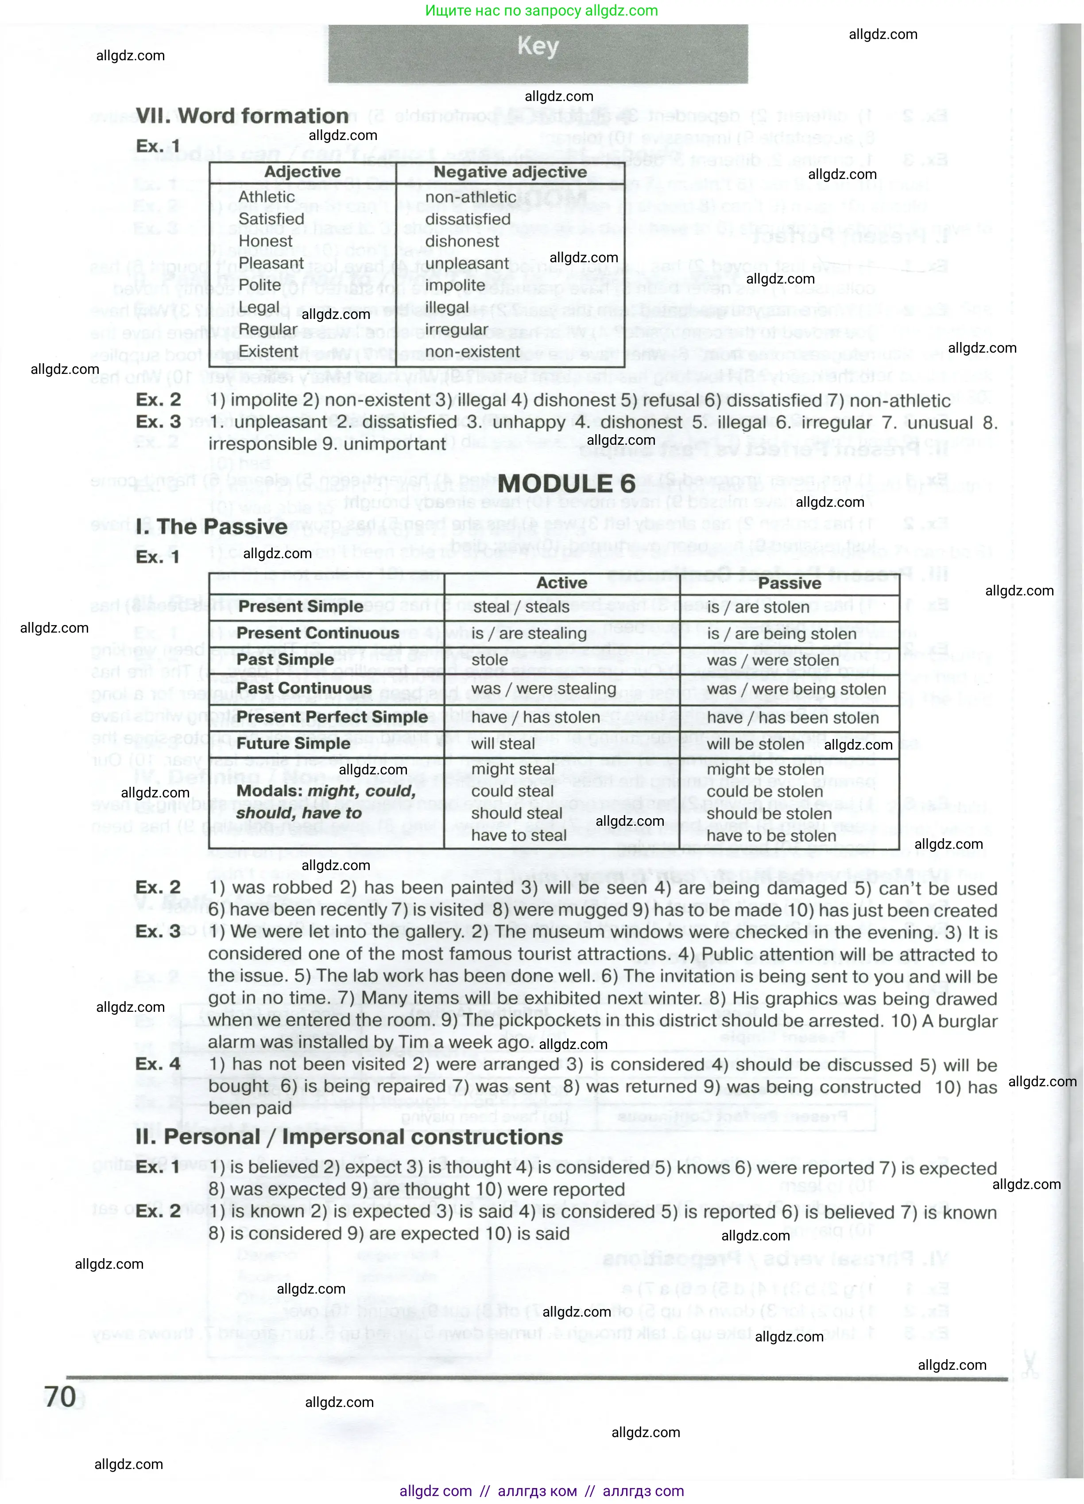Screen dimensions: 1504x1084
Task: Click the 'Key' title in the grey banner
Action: [x=538, y=47]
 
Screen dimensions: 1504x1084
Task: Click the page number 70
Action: [x=60, y=1396]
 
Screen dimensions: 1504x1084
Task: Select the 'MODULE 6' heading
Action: [x=567, y=483]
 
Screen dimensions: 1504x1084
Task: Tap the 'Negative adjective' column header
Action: [x=510, y=172]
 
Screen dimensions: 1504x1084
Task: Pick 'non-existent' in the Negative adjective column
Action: [x=472, y=351]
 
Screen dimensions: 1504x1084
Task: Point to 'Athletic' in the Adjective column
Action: [x=267, y=197]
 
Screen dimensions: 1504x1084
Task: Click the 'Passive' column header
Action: [x=789, y=583]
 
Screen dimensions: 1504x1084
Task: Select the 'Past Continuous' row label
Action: [x=304, y=688]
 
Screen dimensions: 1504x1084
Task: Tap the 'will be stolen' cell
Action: [x=755, y=744]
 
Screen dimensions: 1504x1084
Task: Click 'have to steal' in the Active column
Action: [x=519, y=836]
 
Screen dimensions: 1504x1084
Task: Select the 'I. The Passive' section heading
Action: [x=212, y=527]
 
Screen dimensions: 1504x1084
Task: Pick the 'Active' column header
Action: [x=561, y=583]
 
